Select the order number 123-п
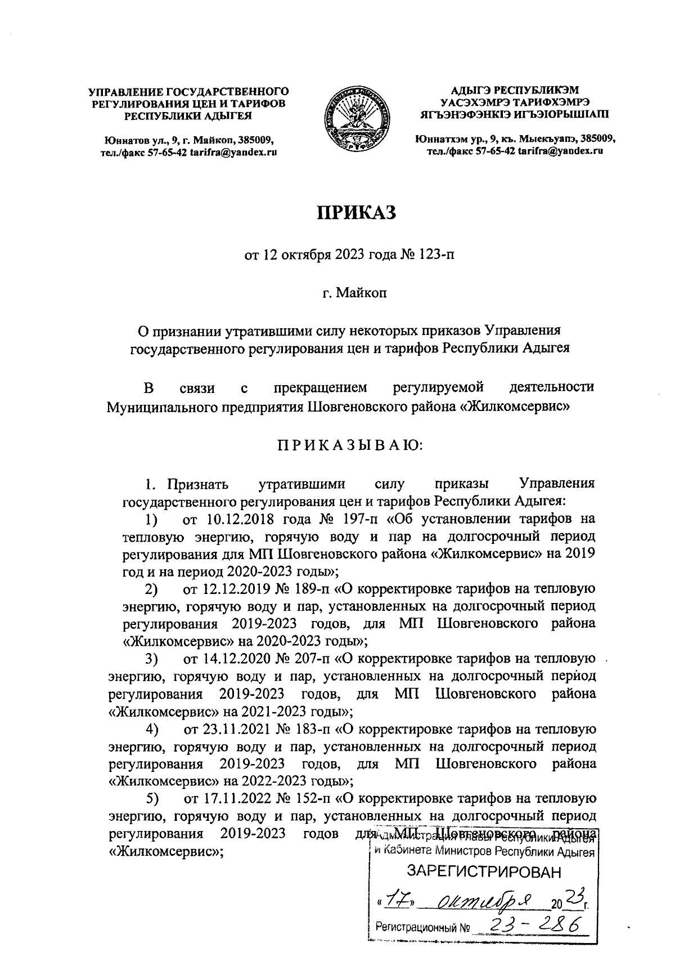[434, 255]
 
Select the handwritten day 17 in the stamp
[397, 899]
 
